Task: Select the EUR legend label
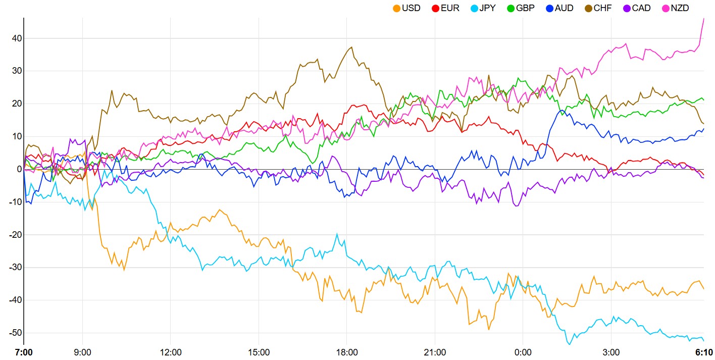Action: coord(449,8)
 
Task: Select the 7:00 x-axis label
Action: coord(24,352)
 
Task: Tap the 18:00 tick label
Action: coord(346,352)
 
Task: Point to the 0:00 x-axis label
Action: coord(523,352)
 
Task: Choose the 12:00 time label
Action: coord(170,352)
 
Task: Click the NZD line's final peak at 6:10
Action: coord(704,19)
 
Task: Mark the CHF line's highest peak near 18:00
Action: coord(351,47)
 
